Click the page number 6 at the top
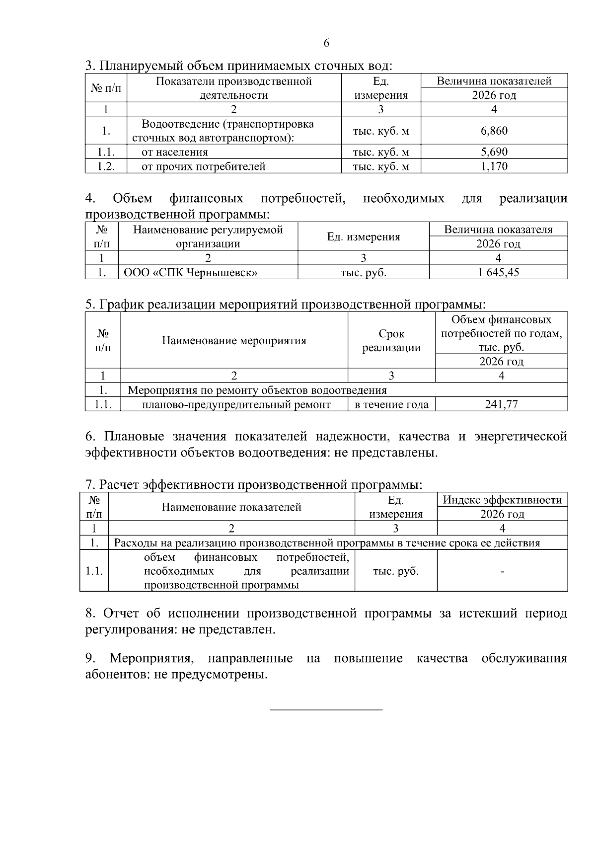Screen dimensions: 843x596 coord(326,43)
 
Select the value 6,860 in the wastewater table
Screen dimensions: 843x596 coord(494,131)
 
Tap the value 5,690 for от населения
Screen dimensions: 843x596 coord(494,152)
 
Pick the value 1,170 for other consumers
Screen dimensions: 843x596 coord(494,166)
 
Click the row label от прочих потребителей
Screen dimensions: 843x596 coord(204,166)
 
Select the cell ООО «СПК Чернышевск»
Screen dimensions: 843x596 coord(190,272)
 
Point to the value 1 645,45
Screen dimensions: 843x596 coord(498,272)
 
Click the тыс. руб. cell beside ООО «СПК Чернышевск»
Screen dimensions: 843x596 coord(363,272)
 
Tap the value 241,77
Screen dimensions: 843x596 coord(501,404)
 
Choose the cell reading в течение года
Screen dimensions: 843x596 coord(391,404)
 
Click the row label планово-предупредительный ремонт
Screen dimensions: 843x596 coord(236,404)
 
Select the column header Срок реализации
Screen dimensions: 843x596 coord(391,341)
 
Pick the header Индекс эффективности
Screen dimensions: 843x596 coord(502,500)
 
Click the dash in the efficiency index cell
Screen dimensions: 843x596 coord(503,572)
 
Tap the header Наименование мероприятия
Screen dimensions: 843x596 coord(234,341)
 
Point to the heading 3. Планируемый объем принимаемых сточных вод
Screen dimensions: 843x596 coord(238,66)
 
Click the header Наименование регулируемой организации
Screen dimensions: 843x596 coord(208,236)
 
